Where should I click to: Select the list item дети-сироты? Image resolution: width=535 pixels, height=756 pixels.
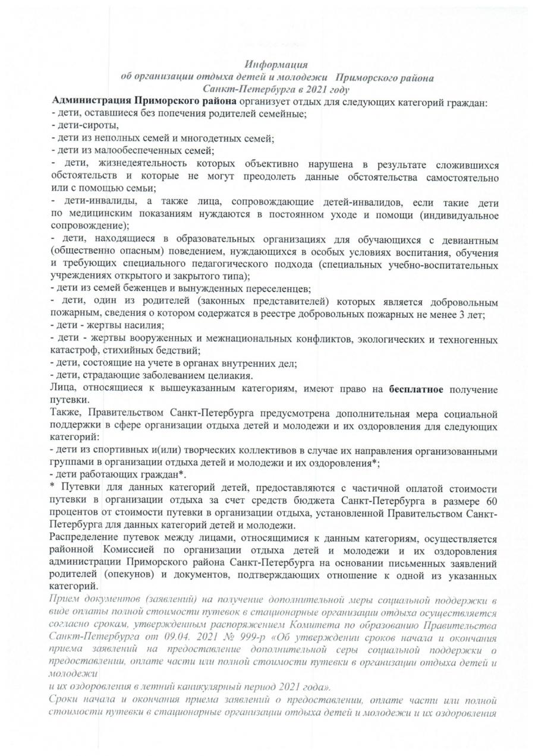(x=86, y=125)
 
